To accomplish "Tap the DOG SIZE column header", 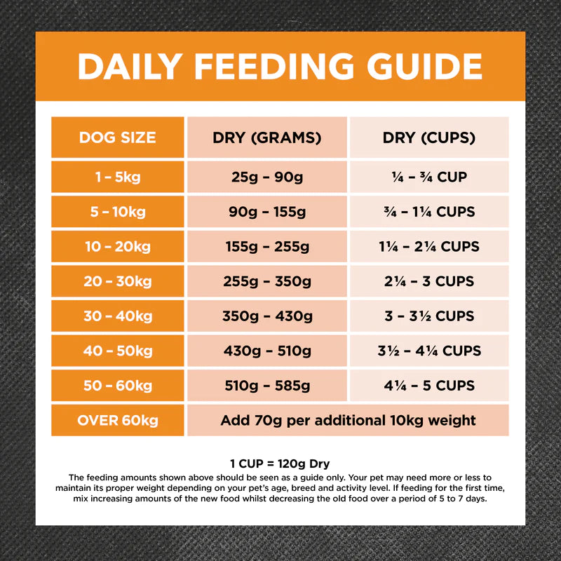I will (x=117, y=137).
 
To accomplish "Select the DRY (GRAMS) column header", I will (x=266, y=137).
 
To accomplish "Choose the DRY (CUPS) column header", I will (x=428, y=137).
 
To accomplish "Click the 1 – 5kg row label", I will (x=117, y=177).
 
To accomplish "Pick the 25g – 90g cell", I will (x=266, y=177).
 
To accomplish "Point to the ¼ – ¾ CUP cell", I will (x=428, y=177).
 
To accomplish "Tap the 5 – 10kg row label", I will (x=117, y=212).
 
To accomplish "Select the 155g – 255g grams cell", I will (x=266, y=247).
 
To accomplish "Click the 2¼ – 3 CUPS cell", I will (x=428, y=281).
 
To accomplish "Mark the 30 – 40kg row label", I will (x=117, y=316).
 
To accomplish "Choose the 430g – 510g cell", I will (x=266, y=351).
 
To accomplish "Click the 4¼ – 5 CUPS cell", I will (x=428, y=385).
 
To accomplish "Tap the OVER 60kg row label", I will (x=117, y=421).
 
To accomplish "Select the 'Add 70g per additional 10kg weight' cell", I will (x=348, y=421).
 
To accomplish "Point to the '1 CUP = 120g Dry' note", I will (x=280, y=464).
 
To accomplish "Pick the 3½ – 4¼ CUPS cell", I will (x=428, y=351).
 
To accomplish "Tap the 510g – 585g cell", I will (x=266, y=385).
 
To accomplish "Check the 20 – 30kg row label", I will (x=117, y=281).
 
